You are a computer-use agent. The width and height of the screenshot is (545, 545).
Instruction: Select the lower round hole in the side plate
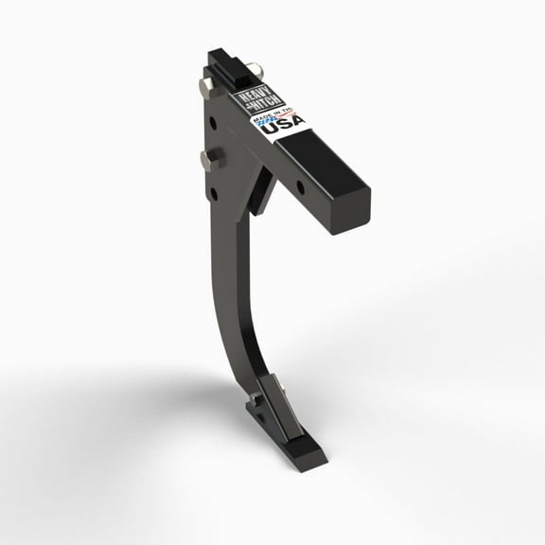pyautogui.click(x=214, y=192)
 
